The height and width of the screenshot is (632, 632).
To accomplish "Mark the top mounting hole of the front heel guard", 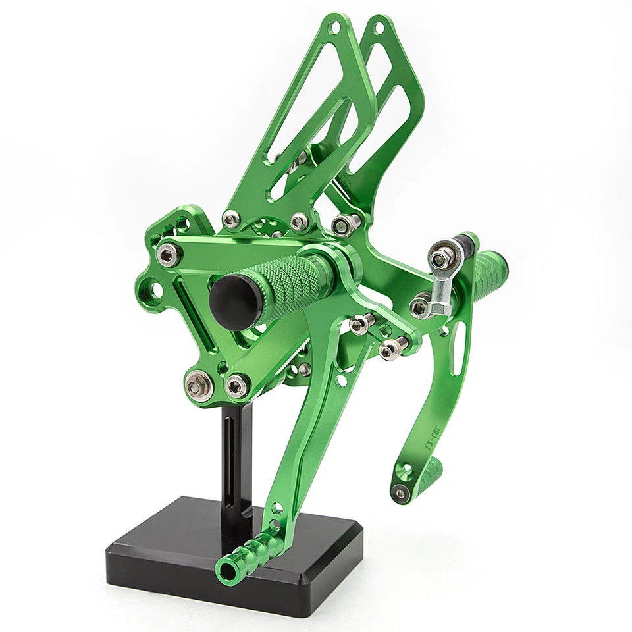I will tap(336, 27).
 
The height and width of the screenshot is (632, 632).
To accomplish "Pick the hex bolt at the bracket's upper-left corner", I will tap(170, 251).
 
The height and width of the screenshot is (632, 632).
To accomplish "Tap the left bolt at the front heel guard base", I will tap(230, 220).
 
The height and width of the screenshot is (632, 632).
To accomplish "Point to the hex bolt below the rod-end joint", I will tap(419, 306).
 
